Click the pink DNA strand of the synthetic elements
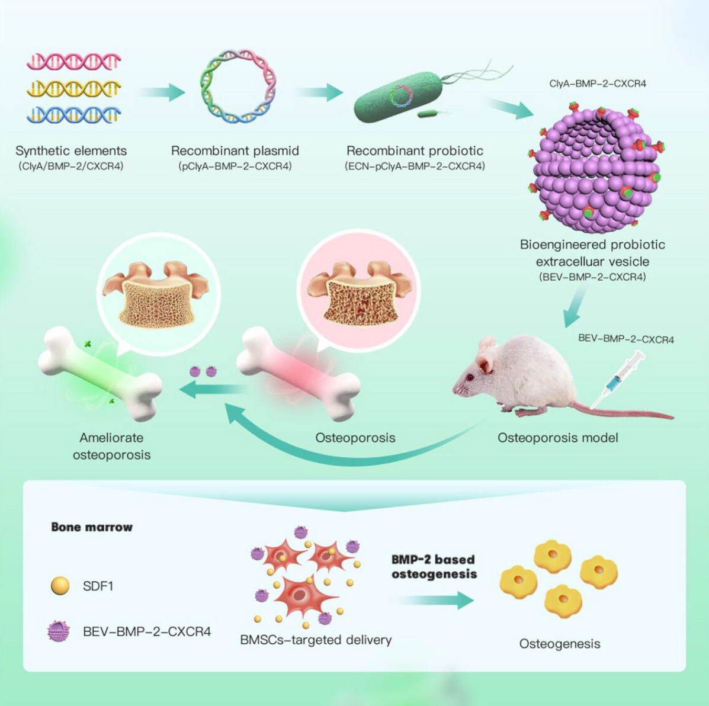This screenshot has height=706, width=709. click(73, 61)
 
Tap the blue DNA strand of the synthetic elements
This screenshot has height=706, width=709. click(73, 114)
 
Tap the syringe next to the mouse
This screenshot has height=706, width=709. click(617, 380)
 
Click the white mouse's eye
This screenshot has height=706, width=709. click(470, 377)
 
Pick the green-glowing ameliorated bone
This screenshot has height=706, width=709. click(100, 374)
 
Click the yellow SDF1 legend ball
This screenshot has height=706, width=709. click(60, 586)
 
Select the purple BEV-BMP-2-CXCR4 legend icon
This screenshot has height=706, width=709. click(59, 631)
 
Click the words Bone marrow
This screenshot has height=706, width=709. click(92, 527)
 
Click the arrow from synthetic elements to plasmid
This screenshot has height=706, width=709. click(162, 92)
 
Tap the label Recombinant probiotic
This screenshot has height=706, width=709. click(415, 150)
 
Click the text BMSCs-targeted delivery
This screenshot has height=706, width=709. click(316, 640)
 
